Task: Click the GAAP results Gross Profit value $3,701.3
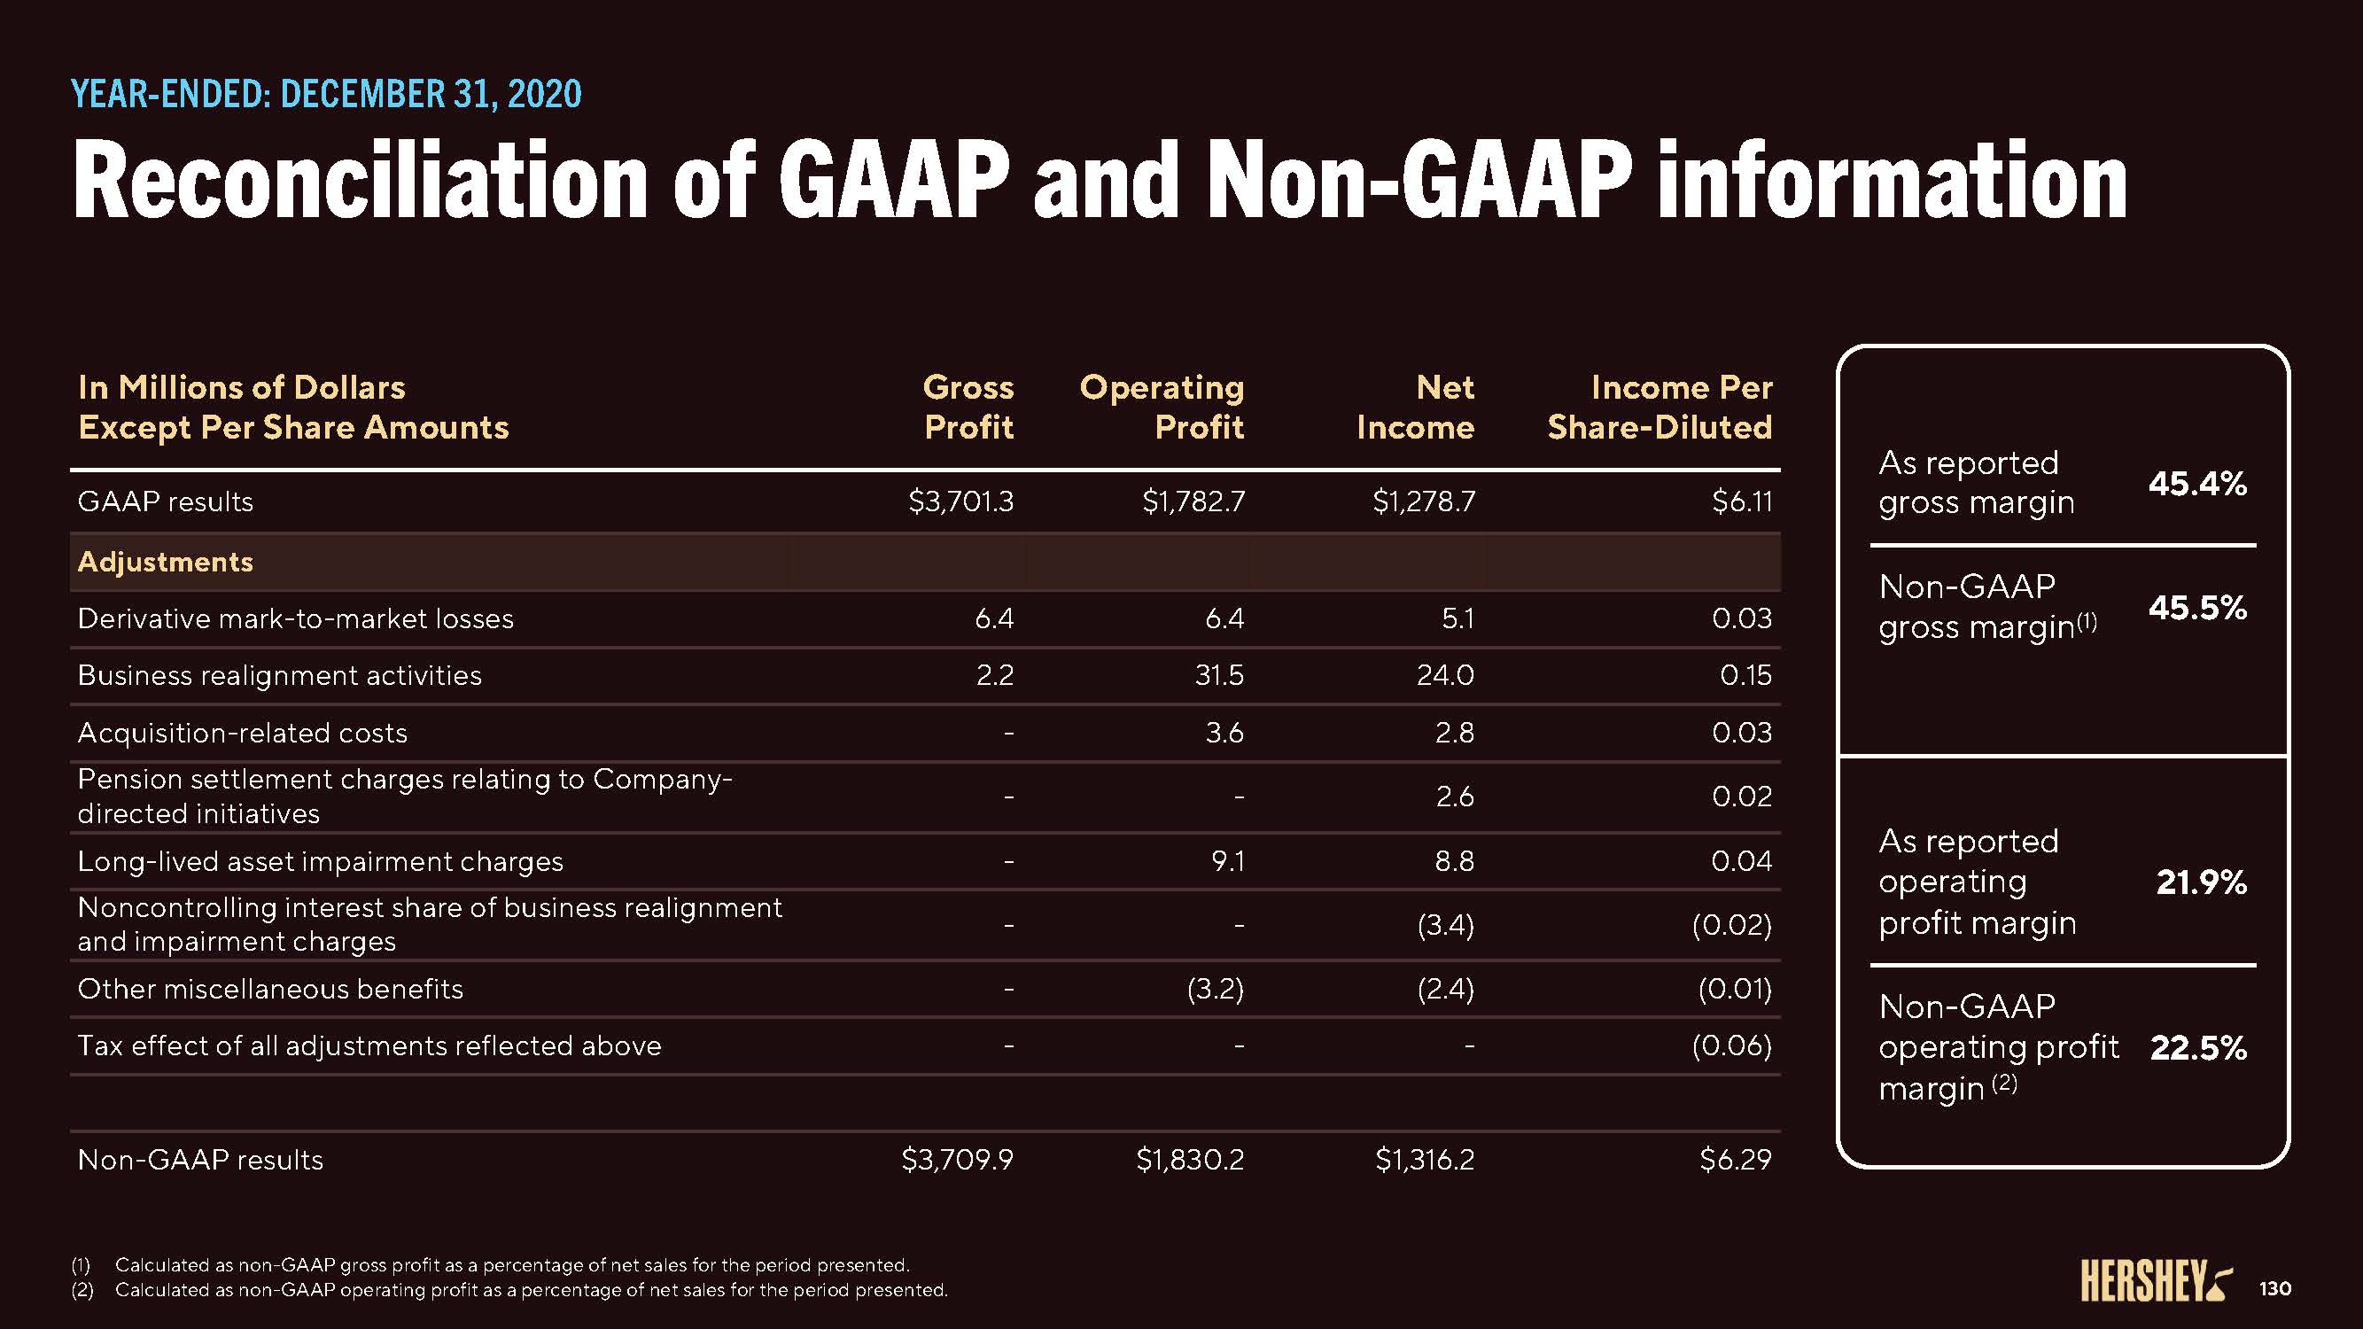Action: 960,501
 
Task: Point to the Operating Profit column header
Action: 1162,408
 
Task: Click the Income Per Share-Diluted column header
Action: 1660,408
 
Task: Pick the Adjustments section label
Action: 165,562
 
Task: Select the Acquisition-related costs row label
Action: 242,733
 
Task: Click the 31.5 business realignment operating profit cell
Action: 1219,676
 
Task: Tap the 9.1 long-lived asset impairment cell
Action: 1227,861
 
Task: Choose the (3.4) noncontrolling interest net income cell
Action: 1445,924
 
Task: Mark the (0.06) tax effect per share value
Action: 1731,1045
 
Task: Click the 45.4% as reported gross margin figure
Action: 2197,484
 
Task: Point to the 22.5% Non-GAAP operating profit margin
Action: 2198,1047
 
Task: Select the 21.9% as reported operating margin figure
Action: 2201,882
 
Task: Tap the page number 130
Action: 2275,1288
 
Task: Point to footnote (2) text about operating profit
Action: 530,1289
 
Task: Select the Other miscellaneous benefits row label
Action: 269,989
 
